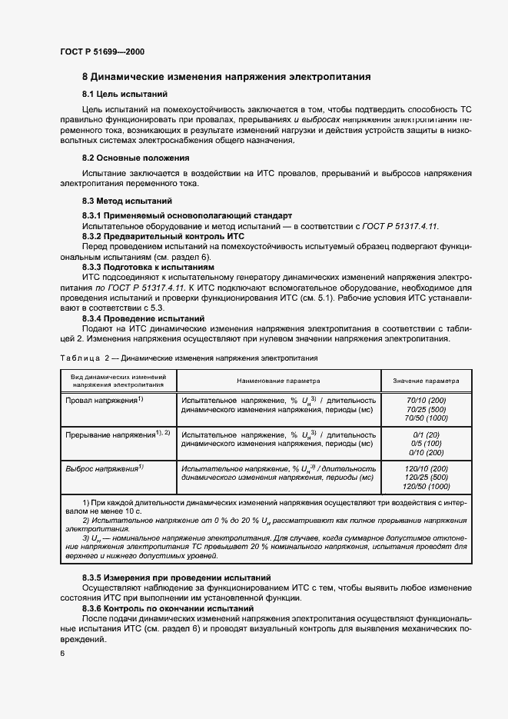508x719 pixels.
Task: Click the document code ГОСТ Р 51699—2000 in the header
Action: click(101, 52)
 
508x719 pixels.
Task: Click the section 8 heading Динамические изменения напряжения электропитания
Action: click(227, 77)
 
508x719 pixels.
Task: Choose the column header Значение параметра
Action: click(426, 381)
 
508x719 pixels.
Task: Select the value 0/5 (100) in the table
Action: click(426, 444)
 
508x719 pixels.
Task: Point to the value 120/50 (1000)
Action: click(426, 487)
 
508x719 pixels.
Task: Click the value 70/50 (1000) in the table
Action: click(426, 419)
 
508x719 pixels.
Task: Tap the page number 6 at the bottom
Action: click(61, 653)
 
